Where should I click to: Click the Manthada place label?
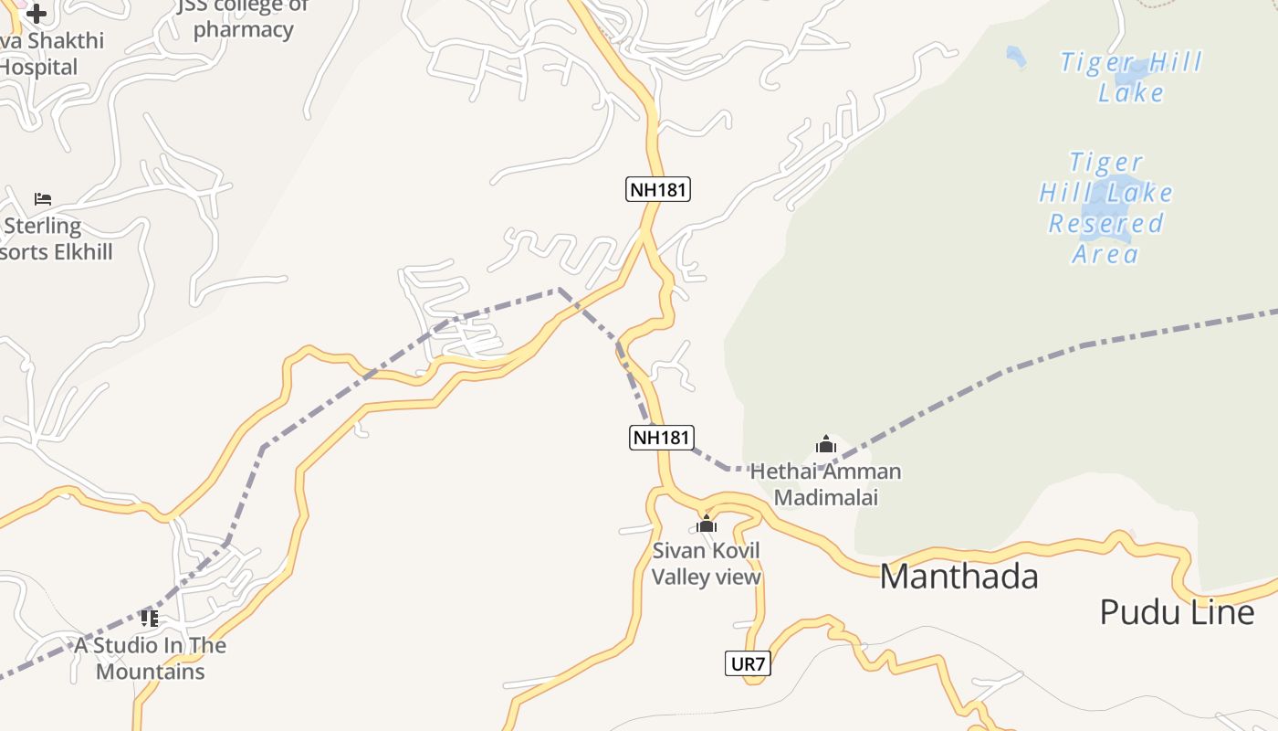[x=958, y=577]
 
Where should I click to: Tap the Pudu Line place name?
[x=1177, y=611]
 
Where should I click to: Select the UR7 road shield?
[x=748, y=664]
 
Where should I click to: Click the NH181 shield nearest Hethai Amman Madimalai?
[x=661, y=438]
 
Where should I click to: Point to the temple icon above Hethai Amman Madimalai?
[x=825, y=445]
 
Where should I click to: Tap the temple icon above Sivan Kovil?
[x=706, y=524]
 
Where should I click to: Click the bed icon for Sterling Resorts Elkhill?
[x=43, y=198]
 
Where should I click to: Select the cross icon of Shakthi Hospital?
[x=37, y=14]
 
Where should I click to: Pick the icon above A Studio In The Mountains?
[x=150, y=619]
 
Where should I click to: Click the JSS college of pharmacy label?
[x=243, y=18]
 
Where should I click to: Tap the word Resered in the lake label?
[x=1105, y=224]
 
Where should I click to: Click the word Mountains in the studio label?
[x=151, y=672]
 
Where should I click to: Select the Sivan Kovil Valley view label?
[x=706, y=564]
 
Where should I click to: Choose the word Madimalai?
[x=825, y=498]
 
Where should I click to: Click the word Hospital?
[x=39, y=67]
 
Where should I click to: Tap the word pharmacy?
[x=243, y=29]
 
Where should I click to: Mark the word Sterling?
[x=43, y=226]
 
